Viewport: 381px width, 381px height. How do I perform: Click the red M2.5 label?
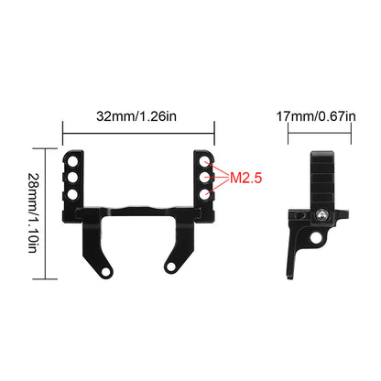[245, 178]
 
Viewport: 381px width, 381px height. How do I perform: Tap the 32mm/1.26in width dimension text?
[136, 116]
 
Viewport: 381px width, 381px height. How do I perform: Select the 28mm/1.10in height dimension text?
[34, 213]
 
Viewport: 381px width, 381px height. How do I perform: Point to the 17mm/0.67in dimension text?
[316, 116]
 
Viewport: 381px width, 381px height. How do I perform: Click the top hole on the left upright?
[72, 161]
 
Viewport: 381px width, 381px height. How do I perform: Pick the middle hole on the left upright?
[72, 178]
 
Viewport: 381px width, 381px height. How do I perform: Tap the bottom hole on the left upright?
[72, 194]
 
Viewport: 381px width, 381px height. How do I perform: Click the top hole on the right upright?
[204, 161]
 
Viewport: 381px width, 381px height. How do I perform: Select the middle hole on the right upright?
[204, 178]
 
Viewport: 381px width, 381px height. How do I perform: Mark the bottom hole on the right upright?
[204, 194]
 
